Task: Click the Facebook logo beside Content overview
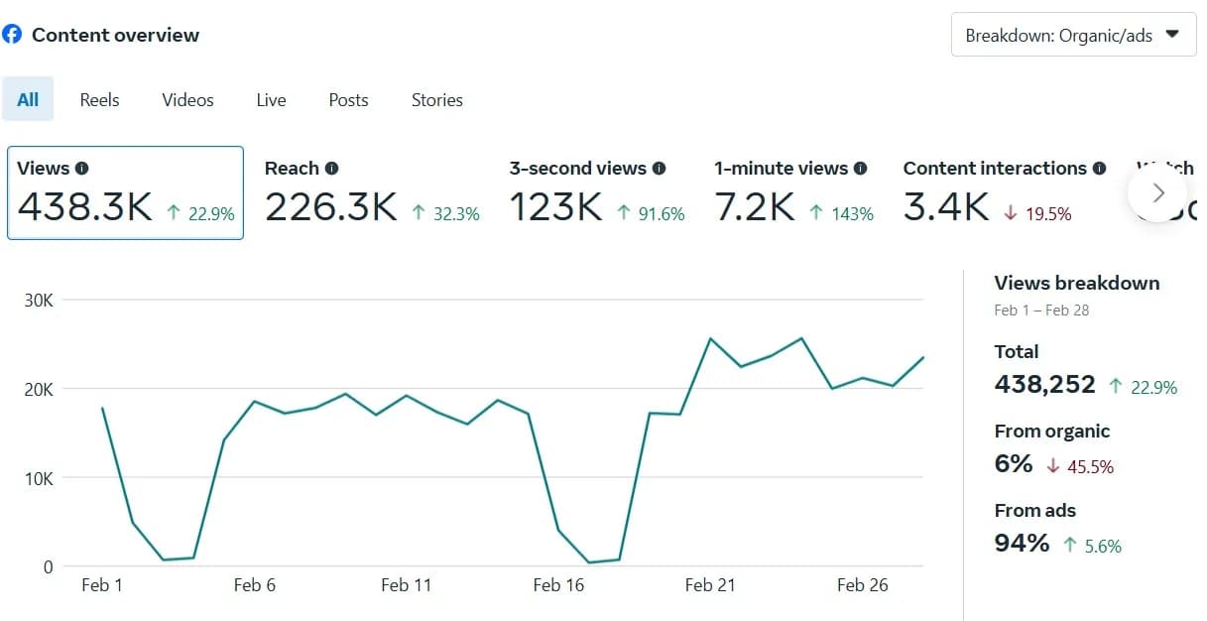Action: click(12, 35)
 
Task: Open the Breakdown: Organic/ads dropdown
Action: click(1073, 35)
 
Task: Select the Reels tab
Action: click(99, 100)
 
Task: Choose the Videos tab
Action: click(187, 100)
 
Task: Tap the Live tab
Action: click(271, 100)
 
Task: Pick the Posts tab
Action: click(348, 100)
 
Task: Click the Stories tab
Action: click(436, 100)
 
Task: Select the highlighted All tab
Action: click(28, 100)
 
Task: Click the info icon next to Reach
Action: click(332, 169)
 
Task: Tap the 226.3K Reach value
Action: click(330, 207)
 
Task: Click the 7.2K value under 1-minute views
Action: click(754, 207)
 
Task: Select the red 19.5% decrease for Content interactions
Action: click(1038, 213)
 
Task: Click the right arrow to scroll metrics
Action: click(1157, 192)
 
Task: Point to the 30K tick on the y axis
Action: click(39, 300)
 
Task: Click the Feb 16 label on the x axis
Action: click(558, 585)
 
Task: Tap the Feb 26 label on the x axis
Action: click(862, 585)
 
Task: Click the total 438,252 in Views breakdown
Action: click(1044, 385)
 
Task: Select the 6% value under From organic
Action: click(1014, 464)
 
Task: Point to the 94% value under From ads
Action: click(1022, 544)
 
